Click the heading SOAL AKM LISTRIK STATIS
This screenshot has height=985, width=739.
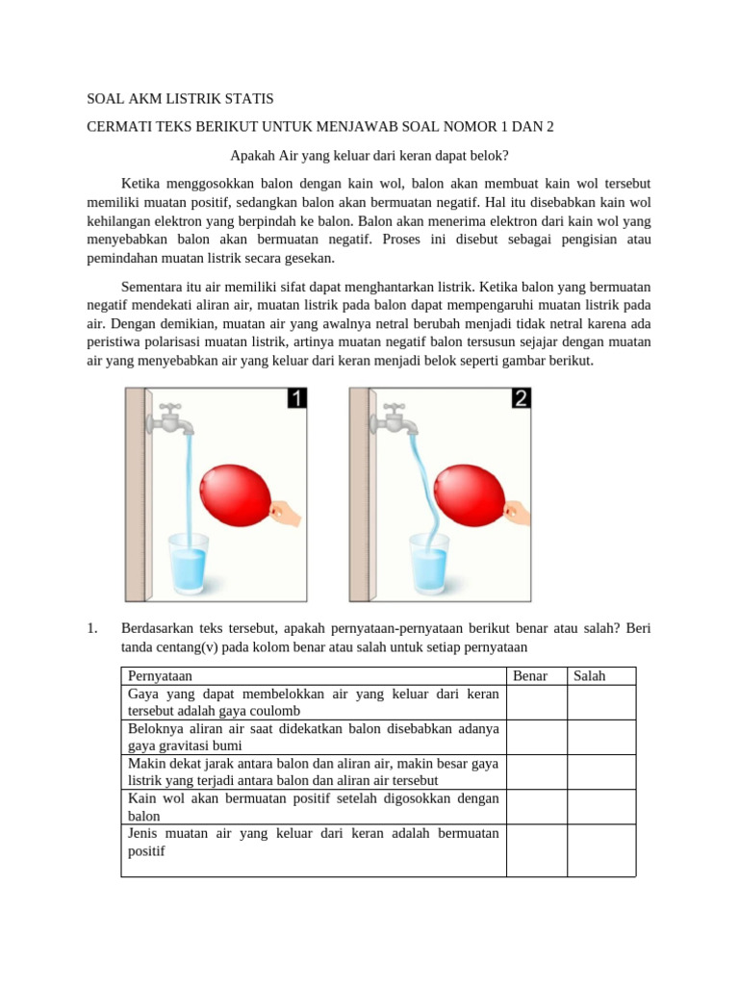[180, 99]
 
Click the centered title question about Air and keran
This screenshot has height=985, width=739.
[369, 155]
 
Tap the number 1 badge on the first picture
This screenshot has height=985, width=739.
[297, 398]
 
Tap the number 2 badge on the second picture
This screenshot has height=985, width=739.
[521, 398]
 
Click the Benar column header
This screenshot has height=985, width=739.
[530, 676]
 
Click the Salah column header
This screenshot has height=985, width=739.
[590, 676]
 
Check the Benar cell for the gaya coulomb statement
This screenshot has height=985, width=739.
[536, 702]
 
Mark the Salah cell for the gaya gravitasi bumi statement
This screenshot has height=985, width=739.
[600, 737]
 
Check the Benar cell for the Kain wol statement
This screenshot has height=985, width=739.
[536, 806]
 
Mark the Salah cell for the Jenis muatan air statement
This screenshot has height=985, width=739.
[600, 849]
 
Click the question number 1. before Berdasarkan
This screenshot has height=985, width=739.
[93, 629]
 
